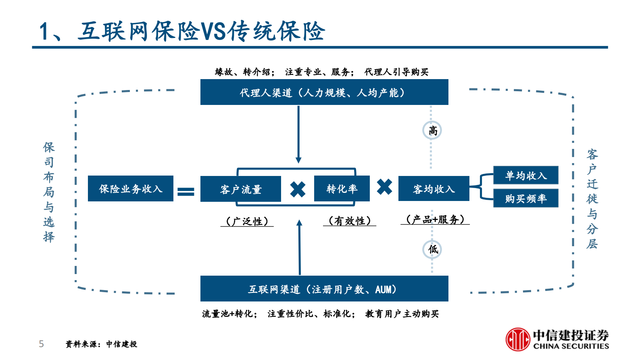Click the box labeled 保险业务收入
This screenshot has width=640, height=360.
tap(130, 188)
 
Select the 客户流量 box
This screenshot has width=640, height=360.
tap(240, 189)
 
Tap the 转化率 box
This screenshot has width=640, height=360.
tap(342, 188)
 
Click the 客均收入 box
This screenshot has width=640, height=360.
tap(434, 188)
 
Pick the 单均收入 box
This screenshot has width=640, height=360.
tap(525, 175)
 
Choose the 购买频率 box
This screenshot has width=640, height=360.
tap(525, 198)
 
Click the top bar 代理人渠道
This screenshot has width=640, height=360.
tap(324, 92)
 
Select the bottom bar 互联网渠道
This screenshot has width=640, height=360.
tap(324, 289)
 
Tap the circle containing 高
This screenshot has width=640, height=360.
tap(432, 130)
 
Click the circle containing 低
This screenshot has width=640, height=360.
tap(432, 249)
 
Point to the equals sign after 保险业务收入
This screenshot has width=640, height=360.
tap(186, 192)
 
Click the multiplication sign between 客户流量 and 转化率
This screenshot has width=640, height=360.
tap(298, 189)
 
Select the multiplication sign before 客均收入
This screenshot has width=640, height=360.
tap(384, 187)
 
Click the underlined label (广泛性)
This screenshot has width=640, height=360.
tap(247, 221)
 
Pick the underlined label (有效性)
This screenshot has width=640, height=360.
tap(349, 221)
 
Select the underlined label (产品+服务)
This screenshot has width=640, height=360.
tap(435, 219)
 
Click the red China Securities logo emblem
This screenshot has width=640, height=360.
tap(518, 339)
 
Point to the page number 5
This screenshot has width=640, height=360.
tap(41, 344)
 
